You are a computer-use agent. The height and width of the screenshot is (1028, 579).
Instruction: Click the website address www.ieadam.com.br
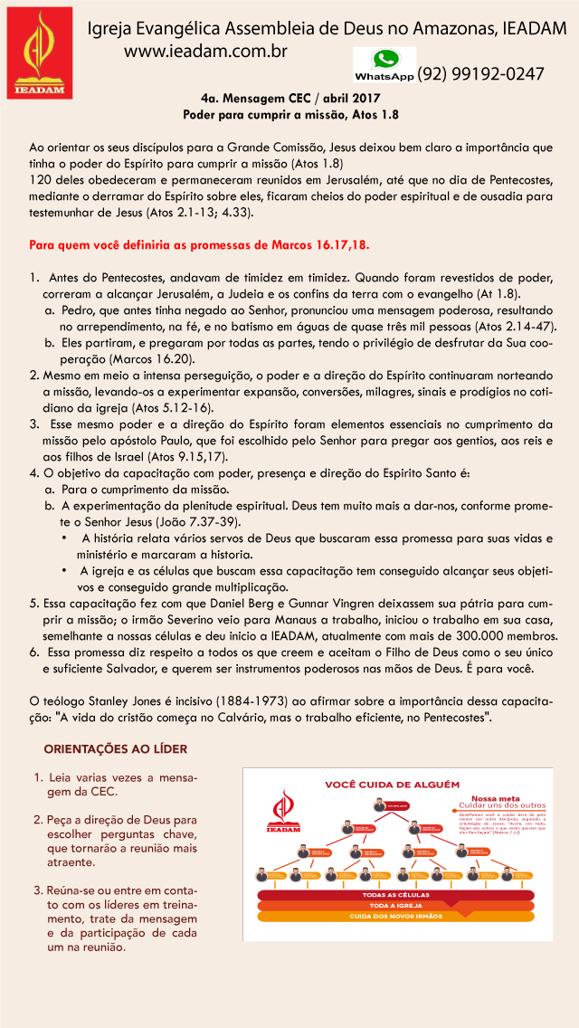tap(205, 52)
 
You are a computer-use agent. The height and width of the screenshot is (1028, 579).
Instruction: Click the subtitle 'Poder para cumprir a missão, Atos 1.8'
tap(290, 115)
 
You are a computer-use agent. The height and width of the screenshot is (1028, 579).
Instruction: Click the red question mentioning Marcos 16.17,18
tap(199, 245)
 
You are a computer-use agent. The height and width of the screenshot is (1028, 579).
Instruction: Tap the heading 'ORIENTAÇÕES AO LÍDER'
tap(117, 749)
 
